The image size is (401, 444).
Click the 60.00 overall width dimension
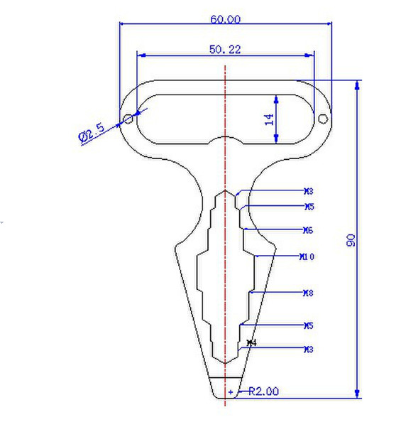[225, 19]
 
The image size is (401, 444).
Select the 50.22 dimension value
[225, 49]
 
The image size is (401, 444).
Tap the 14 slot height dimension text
[270, 119]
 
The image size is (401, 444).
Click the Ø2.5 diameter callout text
[92, 132]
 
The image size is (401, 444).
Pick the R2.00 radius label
[263, 391]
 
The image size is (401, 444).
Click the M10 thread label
[308, 256]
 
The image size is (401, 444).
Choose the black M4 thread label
[251, 343]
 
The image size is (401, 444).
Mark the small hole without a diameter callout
[322, 119]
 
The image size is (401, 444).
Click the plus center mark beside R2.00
[231, 391]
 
